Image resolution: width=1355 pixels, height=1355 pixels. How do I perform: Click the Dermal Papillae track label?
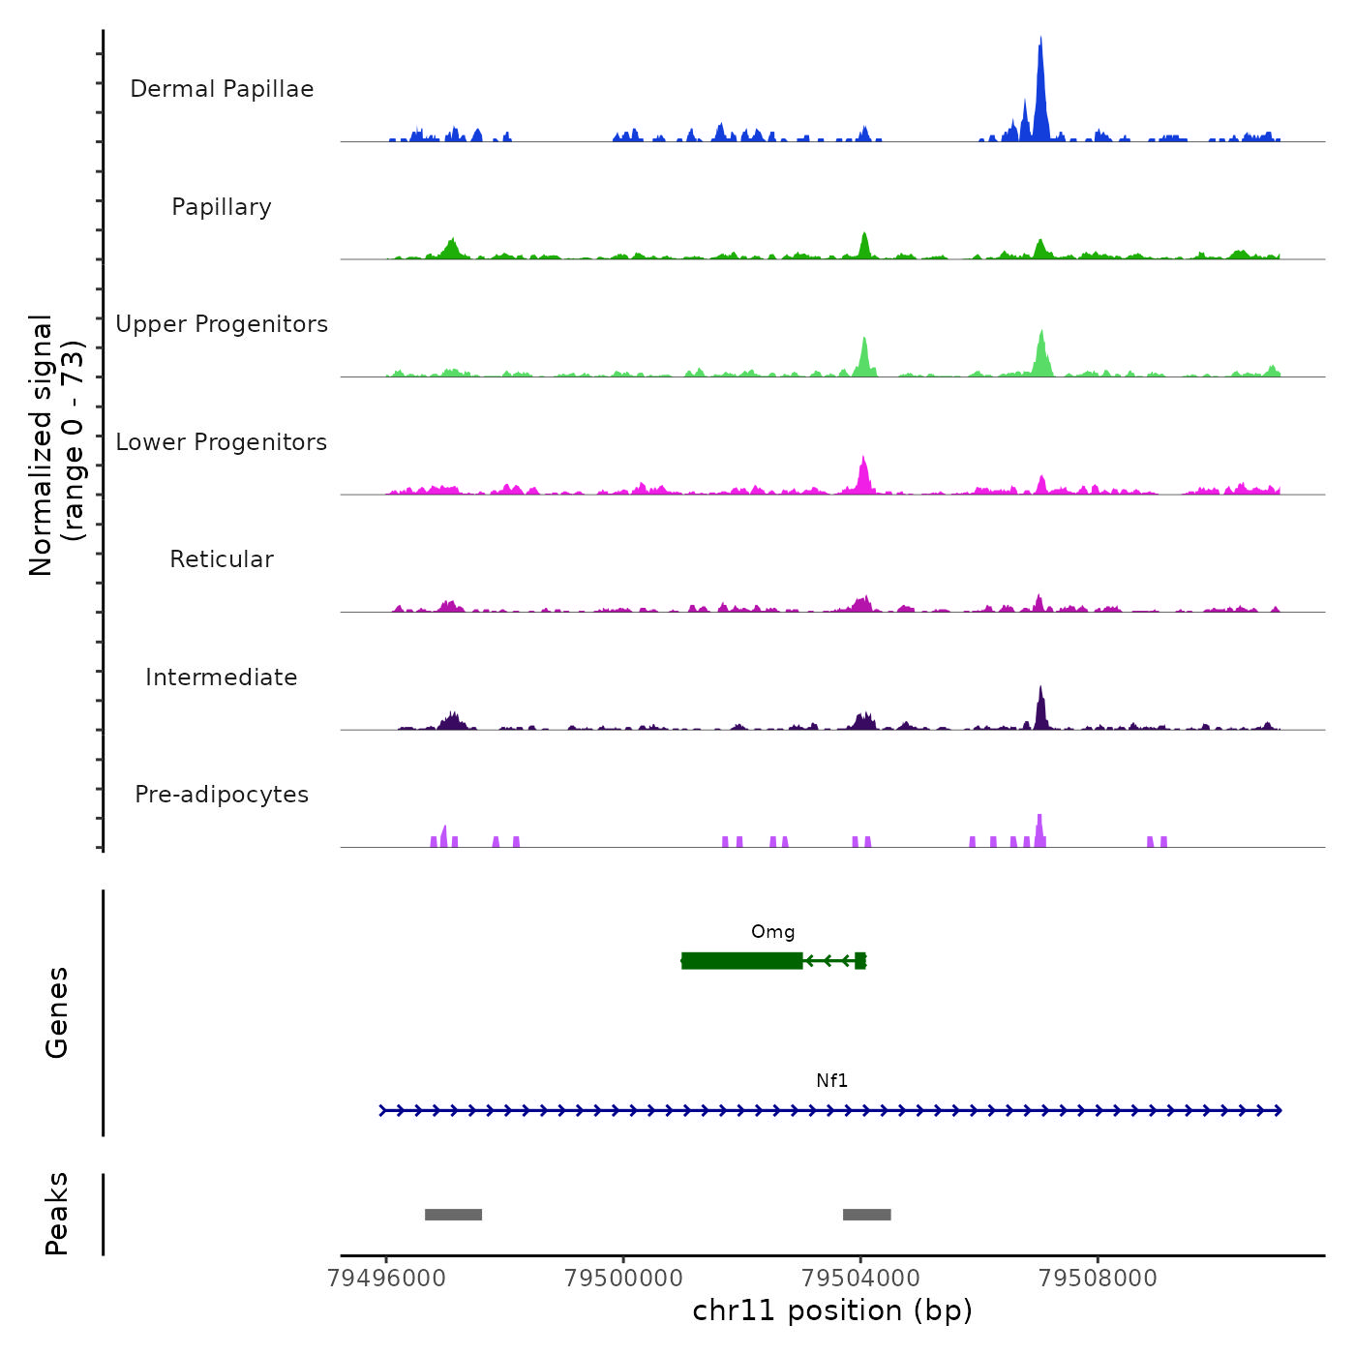[x=222, y=89]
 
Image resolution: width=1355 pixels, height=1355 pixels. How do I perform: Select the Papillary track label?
[x=222, y=207]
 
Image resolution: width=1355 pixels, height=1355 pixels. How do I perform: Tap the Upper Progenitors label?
[x=222, y=324]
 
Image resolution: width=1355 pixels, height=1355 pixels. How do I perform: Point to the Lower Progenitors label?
[x=222, y=442]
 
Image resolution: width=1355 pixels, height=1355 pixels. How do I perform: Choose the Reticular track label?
[x=222, y=559]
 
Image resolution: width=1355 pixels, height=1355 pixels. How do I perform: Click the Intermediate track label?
[x=222, y=677]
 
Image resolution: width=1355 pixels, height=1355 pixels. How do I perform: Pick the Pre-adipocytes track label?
[x=222, y=795]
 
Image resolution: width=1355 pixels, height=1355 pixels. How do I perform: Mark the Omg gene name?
[x=772, y=932]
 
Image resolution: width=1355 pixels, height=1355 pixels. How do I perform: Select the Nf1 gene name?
[x=831, y=1081]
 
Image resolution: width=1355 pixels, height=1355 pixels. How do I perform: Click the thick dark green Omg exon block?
[x=741, y=960]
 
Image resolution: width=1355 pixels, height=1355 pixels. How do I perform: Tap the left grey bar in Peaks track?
[x=453, y=1215]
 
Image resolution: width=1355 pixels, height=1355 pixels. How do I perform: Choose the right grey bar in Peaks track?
[x=866, y=1215]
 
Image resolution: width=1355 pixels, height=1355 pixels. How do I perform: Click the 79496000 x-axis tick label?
[x=386, y=1278]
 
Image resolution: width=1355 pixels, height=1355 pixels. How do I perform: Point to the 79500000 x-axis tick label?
[x=623, y=1278]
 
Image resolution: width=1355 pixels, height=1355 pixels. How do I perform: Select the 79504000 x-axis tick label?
[x=860, y=1278]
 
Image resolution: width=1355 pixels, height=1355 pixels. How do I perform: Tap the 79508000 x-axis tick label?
[x=1098, y=1278]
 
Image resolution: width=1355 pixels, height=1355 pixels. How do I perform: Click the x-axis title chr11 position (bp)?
[x=832, y=1310]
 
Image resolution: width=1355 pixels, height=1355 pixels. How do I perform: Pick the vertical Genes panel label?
[x=57, y=1012]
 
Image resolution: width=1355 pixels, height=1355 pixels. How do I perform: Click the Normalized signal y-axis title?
[x=56, y=445]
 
